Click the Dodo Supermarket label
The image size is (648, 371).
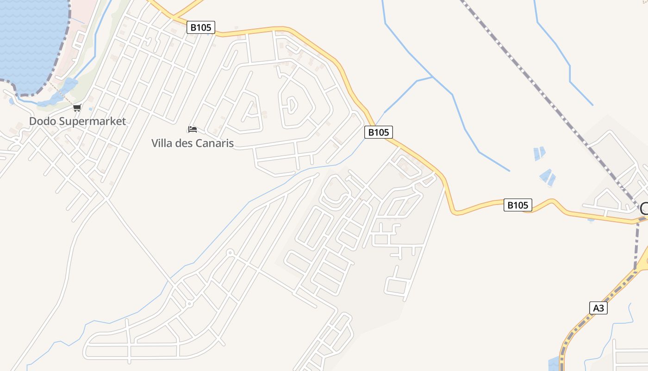pos(77,122)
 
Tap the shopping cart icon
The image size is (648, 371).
pos(77,108)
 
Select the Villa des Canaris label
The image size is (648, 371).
pos(192,143)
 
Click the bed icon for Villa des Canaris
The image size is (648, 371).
pos(193,129)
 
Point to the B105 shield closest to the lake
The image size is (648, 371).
pos(201,27)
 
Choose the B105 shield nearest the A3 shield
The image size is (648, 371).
pos(517,205)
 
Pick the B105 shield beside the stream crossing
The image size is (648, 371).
pos(379,132)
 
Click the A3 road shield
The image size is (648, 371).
pos(598,308)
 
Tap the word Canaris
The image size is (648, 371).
pos(214,143)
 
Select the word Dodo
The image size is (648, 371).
pos(40,122)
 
